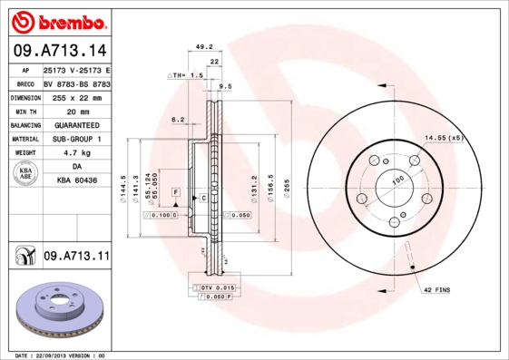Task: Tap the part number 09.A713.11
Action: click(x=75, y=258)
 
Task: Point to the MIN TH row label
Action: click(x=25, y=110)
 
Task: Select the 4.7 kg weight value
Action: click(x=76, y=153)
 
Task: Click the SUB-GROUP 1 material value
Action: click(x=76, y=139)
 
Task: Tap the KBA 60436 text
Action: click(x=76, y=181)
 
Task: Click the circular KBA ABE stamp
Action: click(x=24, y=174)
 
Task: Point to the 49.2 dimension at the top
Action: click(x=204, y=46)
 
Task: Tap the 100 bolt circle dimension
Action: click(x=396, y=180)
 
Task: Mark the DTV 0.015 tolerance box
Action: click(x=211, y=287)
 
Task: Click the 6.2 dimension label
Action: click(x=178, y=119)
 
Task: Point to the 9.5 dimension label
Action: click(x=226, y=86)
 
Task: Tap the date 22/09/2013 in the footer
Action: click(x=58, y=355)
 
